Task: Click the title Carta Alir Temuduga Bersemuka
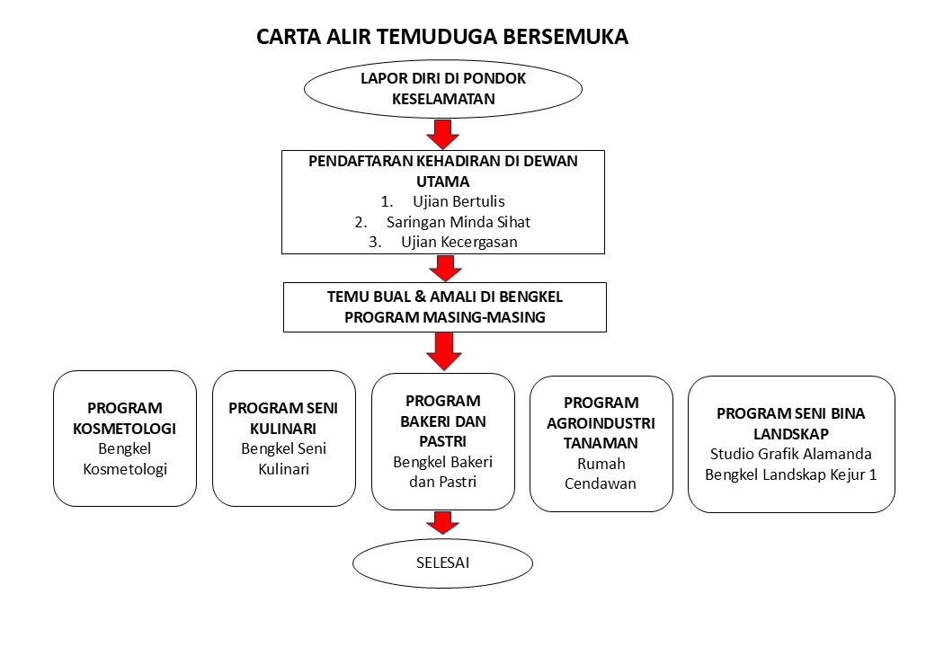tap(441, 36)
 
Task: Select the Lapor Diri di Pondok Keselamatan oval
tap(443, 89)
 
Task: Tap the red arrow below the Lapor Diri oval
tap(442, 134)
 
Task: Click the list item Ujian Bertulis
tap(459, 201)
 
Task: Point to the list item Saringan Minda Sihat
tap(458, 222)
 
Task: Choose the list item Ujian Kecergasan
tap(459, 242)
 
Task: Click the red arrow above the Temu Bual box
tap(445, 268)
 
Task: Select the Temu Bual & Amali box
tap(445, 306)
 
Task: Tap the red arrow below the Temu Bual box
tap(443, 351)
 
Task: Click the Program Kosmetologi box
tap(125, 439)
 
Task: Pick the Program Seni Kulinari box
tap(284, 439)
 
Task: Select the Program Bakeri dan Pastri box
tap(443, 441)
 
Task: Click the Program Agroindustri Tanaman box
tap(601, 444)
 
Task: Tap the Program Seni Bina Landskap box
tap(791, 444)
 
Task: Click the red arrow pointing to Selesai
tap(442, 523)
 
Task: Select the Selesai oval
tap(442, 563)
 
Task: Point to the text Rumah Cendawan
tap(601, 474)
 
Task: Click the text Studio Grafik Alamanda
tap(790, 454)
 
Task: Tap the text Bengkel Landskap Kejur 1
tap(790, 474)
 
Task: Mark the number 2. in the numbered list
tap(361, 222)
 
